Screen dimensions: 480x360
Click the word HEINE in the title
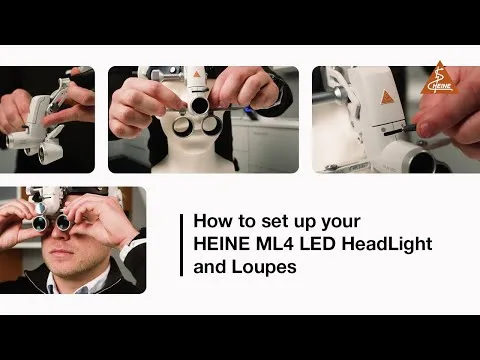(221, 244)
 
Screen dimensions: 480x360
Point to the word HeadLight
(387, 245)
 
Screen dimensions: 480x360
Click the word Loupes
(264, 268)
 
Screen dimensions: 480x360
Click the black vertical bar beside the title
(181, 245)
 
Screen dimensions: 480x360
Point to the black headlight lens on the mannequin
(199, 105)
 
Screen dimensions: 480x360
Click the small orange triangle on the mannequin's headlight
(196, 75)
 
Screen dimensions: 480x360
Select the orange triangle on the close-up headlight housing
(386, 97)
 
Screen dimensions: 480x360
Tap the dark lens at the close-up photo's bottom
(423, 162)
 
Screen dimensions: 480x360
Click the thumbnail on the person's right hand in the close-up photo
(425, 129)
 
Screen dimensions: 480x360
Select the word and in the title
(209, 267)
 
